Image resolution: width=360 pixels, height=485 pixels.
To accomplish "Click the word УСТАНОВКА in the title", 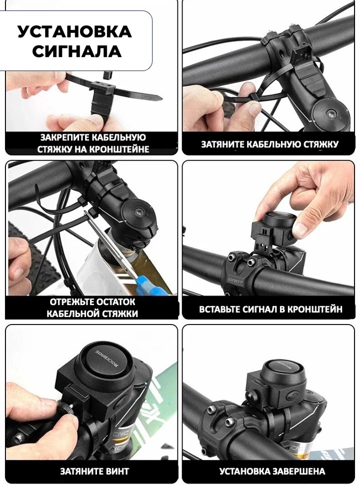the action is pos(75,31).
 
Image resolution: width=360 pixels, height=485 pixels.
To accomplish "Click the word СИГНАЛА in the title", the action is pos(76,51).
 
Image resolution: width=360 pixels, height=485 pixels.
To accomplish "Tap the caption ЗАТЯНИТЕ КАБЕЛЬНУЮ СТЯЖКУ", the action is pos(269,144).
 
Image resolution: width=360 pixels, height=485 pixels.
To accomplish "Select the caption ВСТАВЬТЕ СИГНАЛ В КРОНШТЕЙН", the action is pos(270,309).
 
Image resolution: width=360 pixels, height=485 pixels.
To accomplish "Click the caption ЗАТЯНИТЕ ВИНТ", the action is pos(94,471).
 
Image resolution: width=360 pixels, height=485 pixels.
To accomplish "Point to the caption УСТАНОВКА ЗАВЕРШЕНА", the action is pos(272,471).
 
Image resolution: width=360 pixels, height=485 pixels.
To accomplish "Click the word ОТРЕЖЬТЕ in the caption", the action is pos(70,301).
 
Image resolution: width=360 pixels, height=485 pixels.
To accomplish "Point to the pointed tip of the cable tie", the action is pos(161,98).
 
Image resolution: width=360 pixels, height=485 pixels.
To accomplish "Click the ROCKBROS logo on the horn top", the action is pos(108,361).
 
